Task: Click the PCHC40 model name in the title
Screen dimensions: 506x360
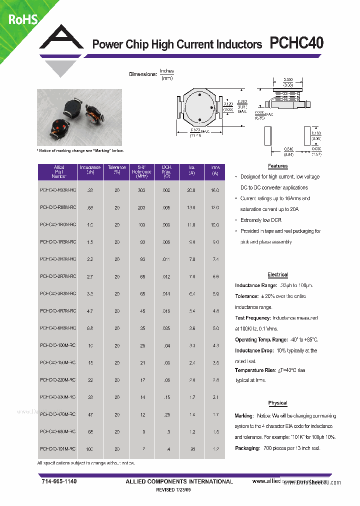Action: coord(296,44)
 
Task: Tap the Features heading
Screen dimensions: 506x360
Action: coord(277,166)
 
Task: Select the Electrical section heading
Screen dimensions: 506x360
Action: coord(277,274)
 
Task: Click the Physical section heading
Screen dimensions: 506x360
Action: coord(277,403)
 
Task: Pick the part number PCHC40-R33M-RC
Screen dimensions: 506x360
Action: coord(58,190)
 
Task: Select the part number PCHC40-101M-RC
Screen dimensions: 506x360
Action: coord(58,449)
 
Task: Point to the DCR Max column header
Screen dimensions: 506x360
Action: coord(166,171)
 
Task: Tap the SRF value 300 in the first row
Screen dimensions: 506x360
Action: coord(141,190)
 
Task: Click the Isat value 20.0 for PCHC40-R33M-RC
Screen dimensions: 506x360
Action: coord(191,190)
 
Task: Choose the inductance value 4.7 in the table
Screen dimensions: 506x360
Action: coord(89,311)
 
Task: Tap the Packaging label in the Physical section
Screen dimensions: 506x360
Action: coord(246,448)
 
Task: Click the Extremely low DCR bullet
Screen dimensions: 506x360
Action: coord(260,220)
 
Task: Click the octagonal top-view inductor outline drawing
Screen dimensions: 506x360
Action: coord(199,108)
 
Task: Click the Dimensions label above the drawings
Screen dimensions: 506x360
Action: coord(143,74)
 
